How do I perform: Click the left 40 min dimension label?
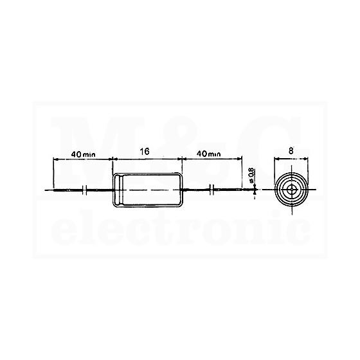pos(84,154)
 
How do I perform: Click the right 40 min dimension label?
pos(209,154)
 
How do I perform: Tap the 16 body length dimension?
pos(145,152)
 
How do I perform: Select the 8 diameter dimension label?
pos(291,151)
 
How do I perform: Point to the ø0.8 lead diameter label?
pos(251,175)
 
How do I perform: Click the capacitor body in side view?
pos(147,190)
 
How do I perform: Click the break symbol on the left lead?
pos(85,190)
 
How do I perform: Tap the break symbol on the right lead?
pos(212,190)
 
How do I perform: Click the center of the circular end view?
pos(292,190)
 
